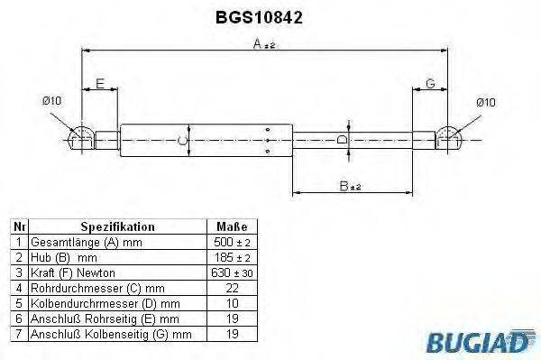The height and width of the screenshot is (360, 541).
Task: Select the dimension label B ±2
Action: click(350, 187)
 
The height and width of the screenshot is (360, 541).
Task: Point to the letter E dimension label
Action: click(101, 84)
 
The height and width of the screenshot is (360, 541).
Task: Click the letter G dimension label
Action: click(430, 84)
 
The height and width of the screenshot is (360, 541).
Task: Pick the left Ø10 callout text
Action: click(52, 101)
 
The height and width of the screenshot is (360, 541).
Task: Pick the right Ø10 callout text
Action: click(486, 102)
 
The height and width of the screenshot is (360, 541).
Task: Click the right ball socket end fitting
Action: click(450, 137)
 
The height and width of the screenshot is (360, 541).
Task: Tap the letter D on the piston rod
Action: click(340, 140)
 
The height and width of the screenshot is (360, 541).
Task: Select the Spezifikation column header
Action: click(118, 227)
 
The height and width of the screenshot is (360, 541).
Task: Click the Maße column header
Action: click(233, 227)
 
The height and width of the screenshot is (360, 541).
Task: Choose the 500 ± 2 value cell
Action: click(233, 243)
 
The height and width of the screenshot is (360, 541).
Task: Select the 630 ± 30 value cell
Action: click(233, 273)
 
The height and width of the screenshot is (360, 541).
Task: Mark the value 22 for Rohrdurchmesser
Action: click(233, 289)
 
